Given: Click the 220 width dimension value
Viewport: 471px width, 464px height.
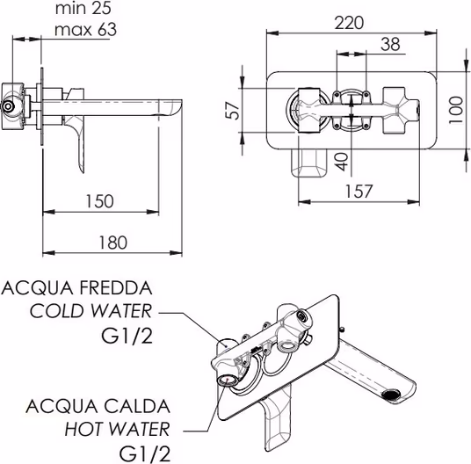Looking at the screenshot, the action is click(x=349, y=23).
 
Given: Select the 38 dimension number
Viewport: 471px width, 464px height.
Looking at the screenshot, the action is click(x=390, y=44).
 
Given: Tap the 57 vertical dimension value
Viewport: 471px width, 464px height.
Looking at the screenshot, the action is click(x=233, y=111).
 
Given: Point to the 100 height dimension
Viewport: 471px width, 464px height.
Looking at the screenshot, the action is click(x=456, y=110).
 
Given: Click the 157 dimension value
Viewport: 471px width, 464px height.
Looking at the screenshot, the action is click(x=359, y=192).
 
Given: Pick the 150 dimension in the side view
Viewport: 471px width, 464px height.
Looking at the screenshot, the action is click(x=99, y=201).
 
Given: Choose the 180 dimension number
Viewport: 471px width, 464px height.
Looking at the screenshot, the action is click(x=113, y=243).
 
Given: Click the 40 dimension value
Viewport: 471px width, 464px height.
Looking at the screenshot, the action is click(x=342, y=162).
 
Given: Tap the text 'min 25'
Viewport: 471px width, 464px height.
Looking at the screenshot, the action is click(x=83, y=9).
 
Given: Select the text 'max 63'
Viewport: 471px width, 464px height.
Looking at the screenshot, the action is click(x=85, y=30).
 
